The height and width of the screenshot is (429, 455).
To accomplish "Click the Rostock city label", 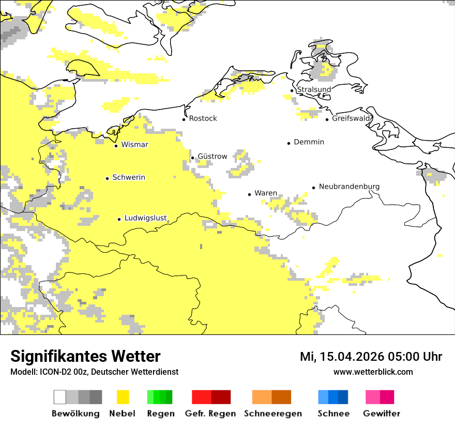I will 203,118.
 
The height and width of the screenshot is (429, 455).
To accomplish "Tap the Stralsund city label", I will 314,89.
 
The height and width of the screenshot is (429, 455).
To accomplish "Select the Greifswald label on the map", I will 352,118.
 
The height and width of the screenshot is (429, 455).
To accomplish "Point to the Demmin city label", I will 309,142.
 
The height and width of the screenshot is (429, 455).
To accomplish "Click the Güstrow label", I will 212,156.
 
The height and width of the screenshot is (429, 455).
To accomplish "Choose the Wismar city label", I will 134,145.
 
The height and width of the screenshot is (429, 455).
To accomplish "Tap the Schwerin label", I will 129,177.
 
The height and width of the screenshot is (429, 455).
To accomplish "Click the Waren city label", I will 266,193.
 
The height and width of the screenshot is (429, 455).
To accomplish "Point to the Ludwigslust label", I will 145,218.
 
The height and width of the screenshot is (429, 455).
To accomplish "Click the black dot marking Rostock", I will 184,119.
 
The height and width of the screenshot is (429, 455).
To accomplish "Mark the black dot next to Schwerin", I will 107,178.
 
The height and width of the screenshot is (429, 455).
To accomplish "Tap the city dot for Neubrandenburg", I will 313,188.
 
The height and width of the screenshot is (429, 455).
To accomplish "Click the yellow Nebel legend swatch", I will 123,397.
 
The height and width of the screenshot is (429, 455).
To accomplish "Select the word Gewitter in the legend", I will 381,413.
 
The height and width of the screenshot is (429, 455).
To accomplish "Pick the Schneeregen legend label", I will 272,413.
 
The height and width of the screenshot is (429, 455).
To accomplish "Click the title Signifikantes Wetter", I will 85,356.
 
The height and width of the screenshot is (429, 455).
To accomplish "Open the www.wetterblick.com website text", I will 373,372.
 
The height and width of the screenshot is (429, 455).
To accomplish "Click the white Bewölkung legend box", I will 60,397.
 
